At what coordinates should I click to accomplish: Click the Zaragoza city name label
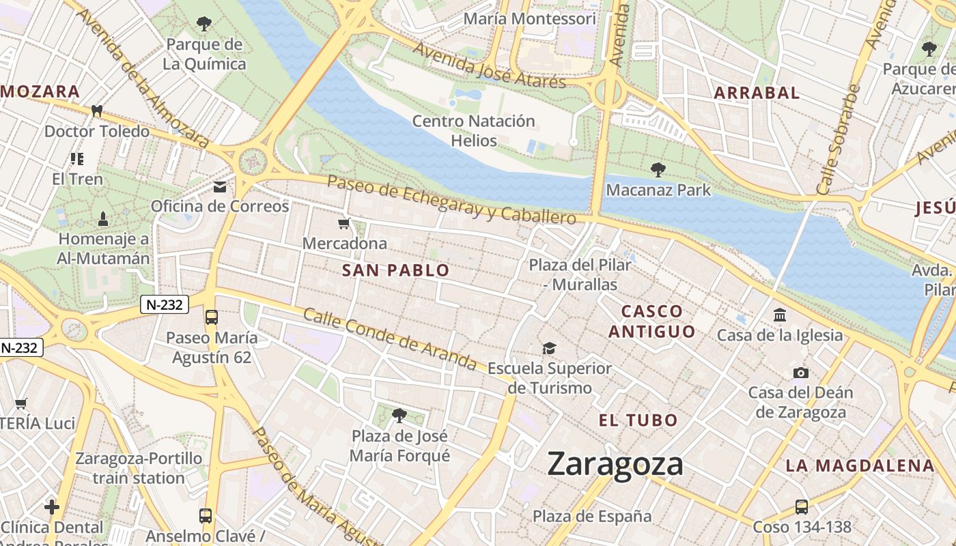coord(615,465)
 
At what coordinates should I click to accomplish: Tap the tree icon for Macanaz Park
coord(658,169)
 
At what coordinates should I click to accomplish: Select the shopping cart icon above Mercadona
coord(344,223)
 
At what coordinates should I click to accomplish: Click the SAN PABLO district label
coord(395,270)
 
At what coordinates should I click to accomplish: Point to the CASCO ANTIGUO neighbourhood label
coord(651,321)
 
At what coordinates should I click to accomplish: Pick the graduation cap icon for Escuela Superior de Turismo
coord(549,349)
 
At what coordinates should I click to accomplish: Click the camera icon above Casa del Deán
coord(800,373)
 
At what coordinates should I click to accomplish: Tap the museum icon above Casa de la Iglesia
coord(779,315)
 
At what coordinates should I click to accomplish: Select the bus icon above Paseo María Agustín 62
coord(212,317)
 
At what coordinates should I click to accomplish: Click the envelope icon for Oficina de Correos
coord(220,186)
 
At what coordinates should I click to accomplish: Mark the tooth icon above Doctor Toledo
coord(96,111)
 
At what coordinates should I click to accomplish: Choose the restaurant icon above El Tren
coord(77,159)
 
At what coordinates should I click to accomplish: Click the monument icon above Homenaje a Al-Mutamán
coord(103,219)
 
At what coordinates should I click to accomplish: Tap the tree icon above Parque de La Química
coord(203,25)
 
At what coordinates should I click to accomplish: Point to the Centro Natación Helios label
coord(474,130)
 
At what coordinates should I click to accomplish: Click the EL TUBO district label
coord(638,420)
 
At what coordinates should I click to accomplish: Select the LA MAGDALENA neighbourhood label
coord(859,465)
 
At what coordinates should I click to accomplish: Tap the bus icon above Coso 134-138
coord(802,507)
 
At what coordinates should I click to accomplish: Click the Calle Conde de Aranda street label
coord(389,339)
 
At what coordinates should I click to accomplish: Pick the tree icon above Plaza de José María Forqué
coord(399,415)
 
